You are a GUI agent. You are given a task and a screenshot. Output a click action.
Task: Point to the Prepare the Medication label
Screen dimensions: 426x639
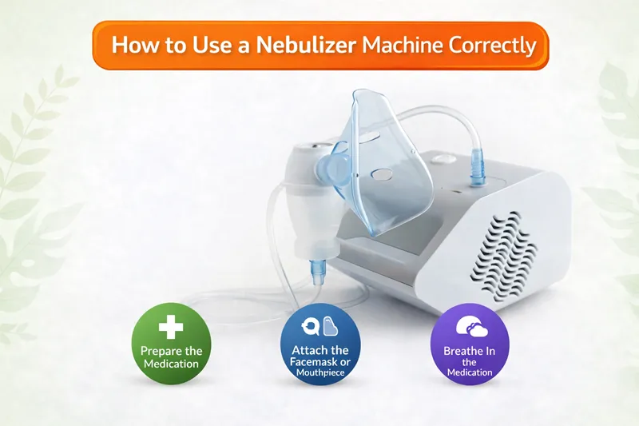point(170,357)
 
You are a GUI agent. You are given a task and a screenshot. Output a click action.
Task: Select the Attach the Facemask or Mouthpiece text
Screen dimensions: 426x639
point(320,361)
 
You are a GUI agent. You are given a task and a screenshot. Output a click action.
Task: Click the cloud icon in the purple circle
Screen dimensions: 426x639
point(469,326)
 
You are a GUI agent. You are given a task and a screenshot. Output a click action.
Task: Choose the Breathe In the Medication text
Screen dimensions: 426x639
point(470,361)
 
